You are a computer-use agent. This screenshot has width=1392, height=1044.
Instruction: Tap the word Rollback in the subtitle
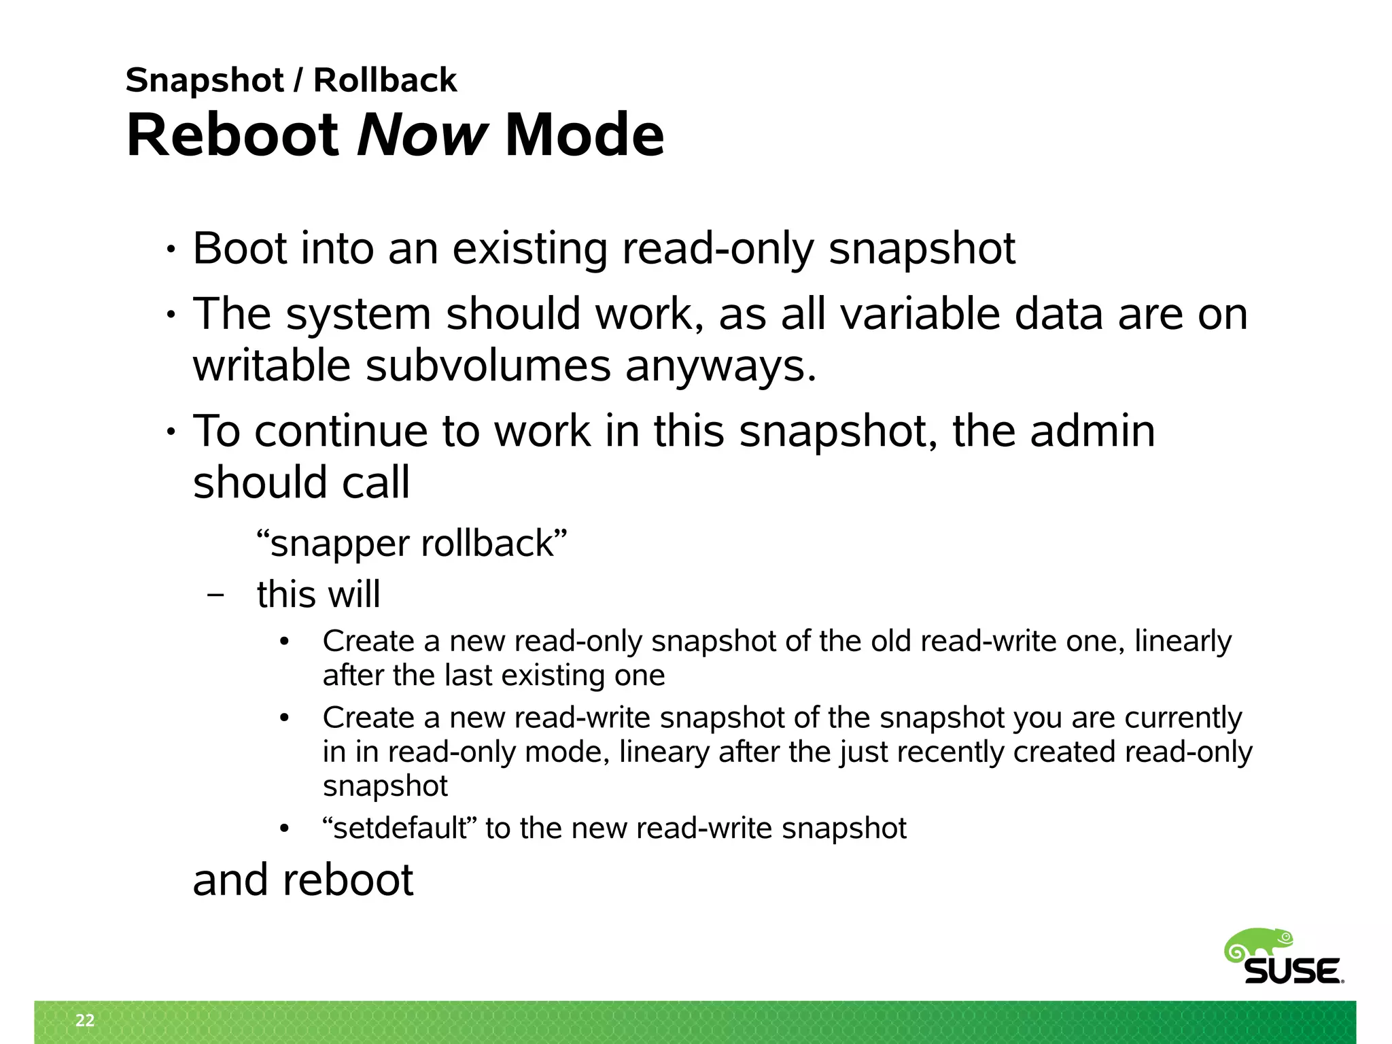coord(385,80)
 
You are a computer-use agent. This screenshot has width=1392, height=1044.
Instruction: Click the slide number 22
coord(85,1020)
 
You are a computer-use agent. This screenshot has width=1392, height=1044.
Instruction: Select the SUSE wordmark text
coord(1293,972)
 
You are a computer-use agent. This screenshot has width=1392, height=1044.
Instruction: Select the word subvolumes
coord(488,366)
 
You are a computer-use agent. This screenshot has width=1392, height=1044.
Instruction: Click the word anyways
coord(720,366)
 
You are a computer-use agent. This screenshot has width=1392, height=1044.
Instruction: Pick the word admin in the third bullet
coord(1092,431)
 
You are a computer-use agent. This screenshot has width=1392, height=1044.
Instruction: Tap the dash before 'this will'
coord(216,595)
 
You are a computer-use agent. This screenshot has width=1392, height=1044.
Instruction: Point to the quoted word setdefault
coord(400,829)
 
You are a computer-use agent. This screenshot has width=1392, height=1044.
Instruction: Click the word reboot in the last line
coord(347,880)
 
